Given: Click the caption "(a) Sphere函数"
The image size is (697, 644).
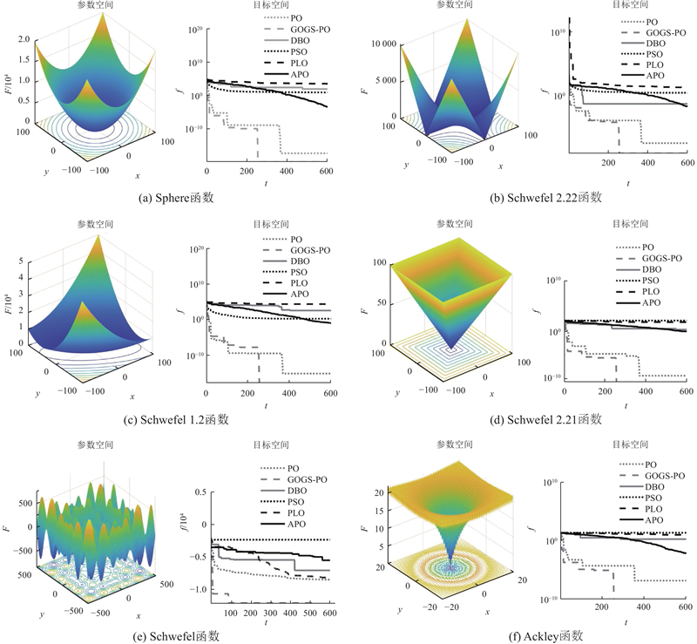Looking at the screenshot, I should click(x=176, y=198).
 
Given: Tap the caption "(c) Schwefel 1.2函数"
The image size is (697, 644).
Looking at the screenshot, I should click(x=177, y=419).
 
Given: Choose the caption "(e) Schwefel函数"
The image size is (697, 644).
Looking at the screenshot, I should click(x=177, y=635).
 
